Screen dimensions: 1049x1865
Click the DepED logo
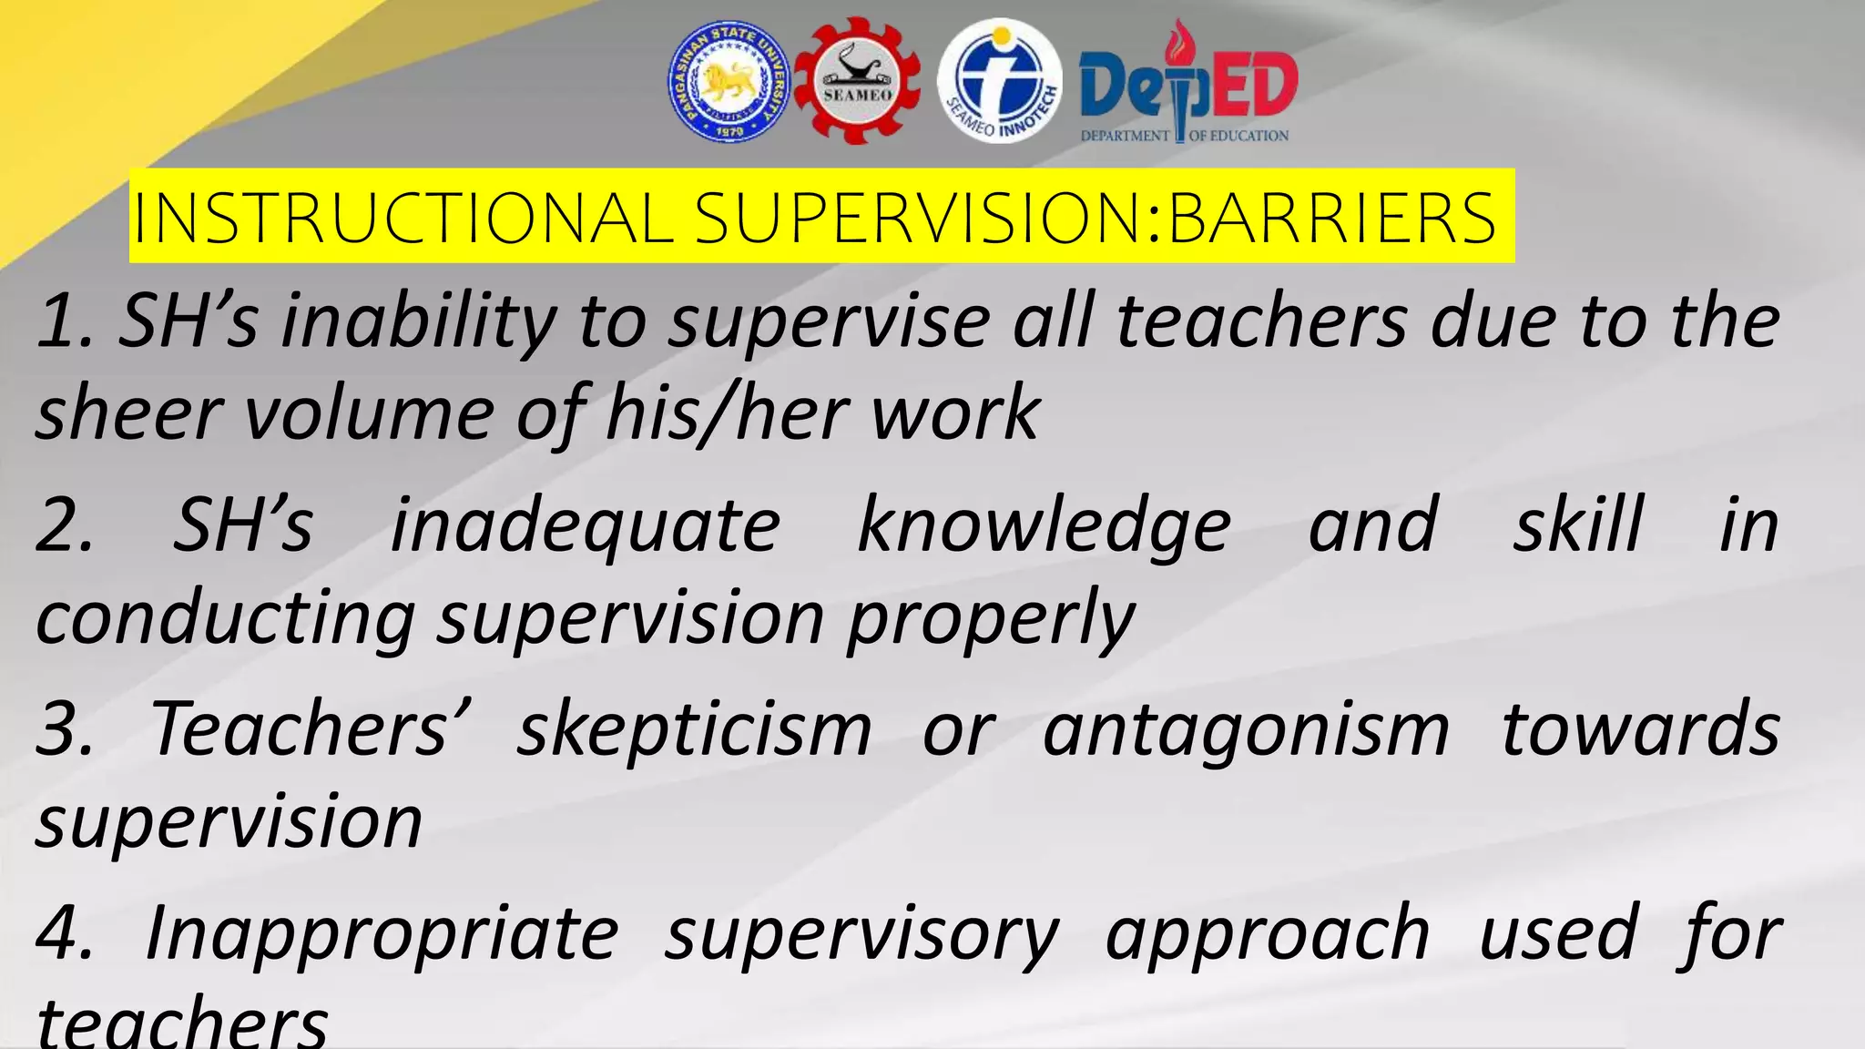(x=1187, y=87)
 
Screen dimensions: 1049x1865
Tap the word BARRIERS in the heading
(x=1331, y=219)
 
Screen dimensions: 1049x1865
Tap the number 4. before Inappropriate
(x=66, y=934)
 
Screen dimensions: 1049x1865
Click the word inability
(x=419, y=322)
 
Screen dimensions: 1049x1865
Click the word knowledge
(x=1044, y=526)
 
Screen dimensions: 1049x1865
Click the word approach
(x=1268, y=934)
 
